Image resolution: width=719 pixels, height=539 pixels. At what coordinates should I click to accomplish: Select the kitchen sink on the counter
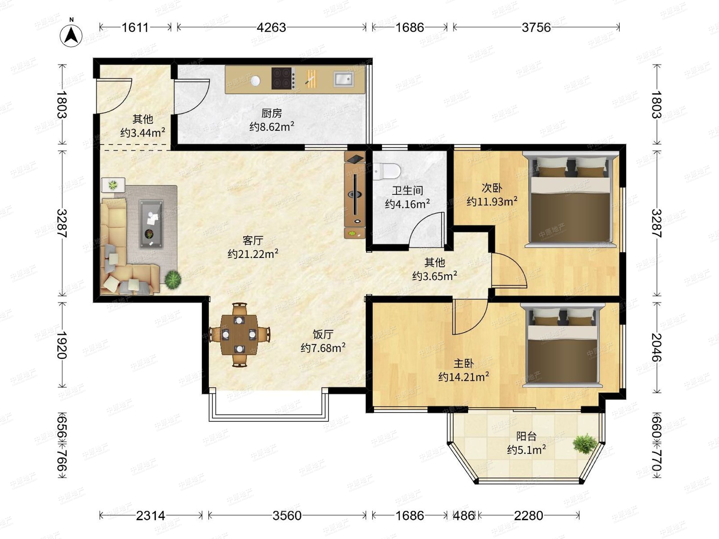point(343,79)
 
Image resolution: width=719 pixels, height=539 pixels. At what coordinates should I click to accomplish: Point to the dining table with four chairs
point(239,335)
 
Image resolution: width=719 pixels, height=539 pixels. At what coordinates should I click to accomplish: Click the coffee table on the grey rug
point(151,224)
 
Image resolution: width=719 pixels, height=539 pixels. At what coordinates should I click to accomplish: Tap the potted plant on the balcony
point(585,444)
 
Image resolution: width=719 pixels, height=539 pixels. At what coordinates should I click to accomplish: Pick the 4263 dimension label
point(271,28)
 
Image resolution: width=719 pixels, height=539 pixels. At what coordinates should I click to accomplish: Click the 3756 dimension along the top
point(536,28)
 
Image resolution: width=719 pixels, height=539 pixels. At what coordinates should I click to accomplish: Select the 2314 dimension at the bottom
point(150,516)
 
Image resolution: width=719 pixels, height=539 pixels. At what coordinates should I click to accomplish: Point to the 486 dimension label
point(463,516)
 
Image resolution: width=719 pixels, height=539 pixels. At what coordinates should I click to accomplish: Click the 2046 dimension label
point(657,347)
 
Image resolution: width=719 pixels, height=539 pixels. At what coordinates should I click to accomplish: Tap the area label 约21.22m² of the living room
point(253,253)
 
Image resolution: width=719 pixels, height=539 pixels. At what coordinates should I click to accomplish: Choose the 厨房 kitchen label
point(271,113)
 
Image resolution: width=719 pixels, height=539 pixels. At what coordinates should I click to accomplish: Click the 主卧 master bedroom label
point(463,363)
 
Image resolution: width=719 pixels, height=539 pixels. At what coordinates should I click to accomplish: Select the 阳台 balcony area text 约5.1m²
point(526,450)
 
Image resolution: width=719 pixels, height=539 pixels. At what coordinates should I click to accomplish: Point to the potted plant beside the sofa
point(173,279)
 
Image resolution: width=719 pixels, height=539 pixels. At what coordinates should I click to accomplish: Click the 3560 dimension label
point(287,516)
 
